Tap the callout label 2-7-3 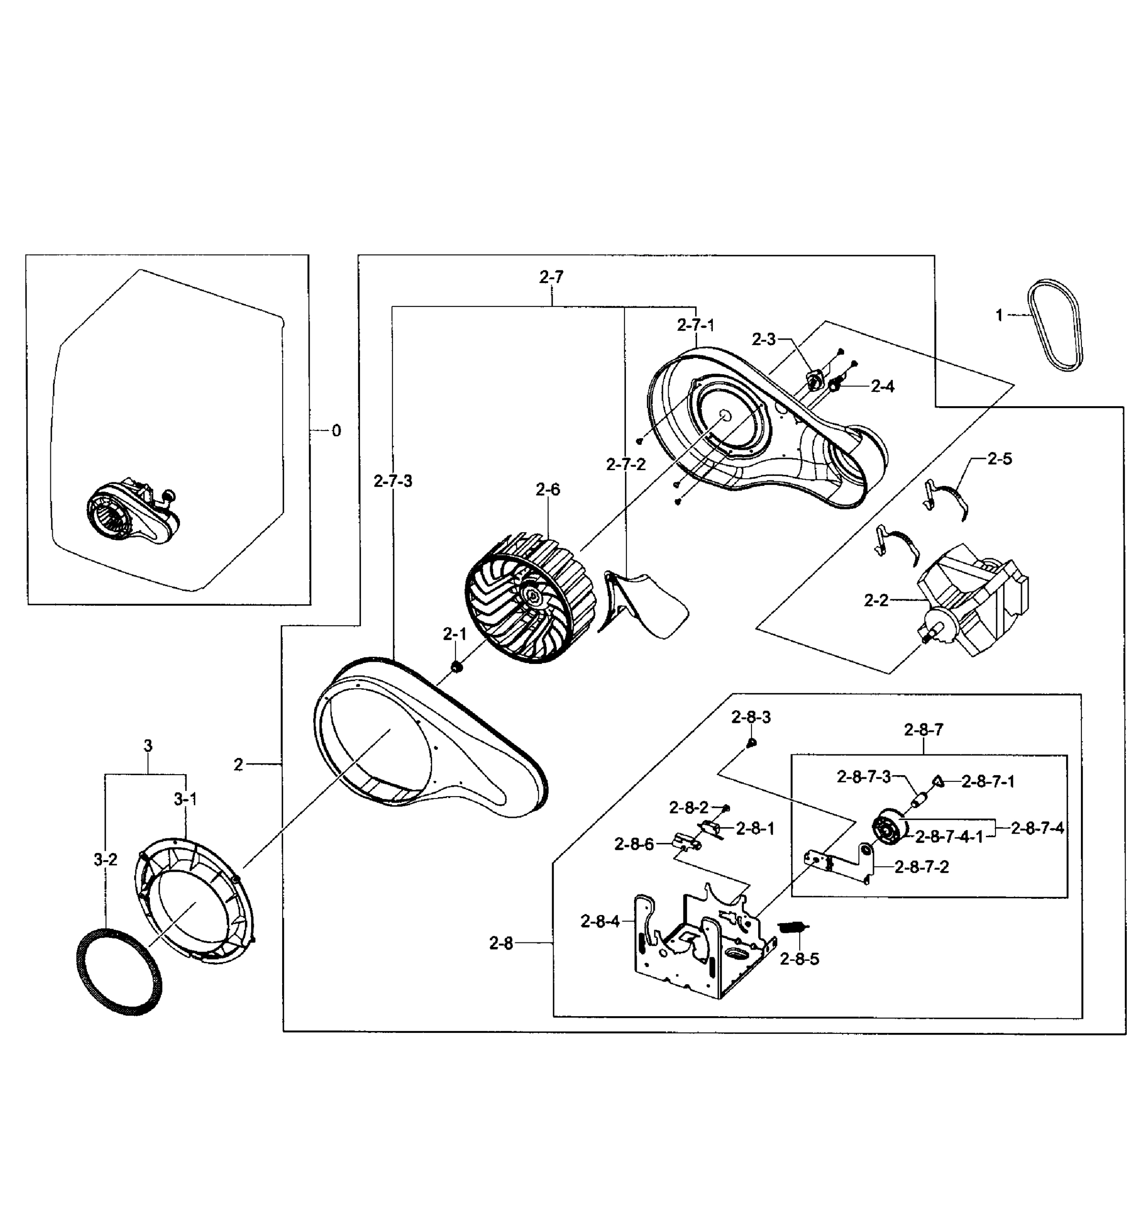[x=393, y=481]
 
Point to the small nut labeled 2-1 [x=456, y=666]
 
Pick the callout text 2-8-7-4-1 [x=949, y=836]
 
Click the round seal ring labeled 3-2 [x=119, y=974]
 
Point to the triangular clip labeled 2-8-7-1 [x=938, y=781]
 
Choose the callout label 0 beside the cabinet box [x=336, y=431]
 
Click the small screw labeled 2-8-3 [x=751, y=743]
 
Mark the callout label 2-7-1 [x=696, y=325]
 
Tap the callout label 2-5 [x=999, y=459]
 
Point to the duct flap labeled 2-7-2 [x=645, y=604]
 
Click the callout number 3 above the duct [x=147, y=746]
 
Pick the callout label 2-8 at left [x=501, y=943]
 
